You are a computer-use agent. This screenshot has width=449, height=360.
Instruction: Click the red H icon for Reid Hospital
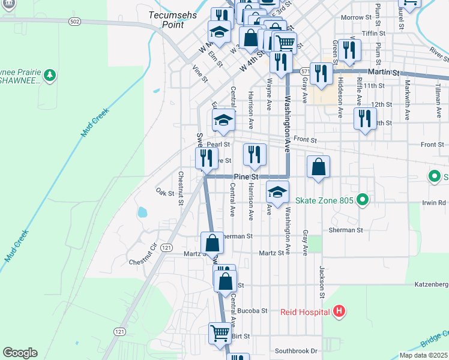pos(339,311)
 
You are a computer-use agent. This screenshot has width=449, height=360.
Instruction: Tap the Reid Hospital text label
pos(305,312)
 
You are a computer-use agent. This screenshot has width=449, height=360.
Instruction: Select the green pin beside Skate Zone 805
pos(361,200)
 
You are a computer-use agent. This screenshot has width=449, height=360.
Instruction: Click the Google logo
pos(20,353)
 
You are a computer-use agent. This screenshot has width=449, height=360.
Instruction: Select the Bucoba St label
pos(252,311)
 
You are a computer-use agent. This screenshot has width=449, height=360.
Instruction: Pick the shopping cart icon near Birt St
pos(220,332)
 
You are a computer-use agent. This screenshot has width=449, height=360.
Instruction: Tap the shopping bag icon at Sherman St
pos(212,242)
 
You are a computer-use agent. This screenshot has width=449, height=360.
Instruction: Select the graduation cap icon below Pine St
pos(277,192)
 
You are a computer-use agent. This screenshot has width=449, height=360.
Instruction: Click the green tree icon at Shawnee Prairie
pos(50,75)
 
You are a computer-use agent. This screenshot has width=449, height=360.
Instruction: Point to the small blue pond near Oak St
pos(142,212)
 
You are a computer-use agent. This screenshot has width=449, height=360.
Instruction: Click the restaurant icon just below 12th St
pos(365,118)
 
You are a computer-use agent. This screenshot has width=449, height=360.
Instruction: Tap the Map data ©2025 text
pos(424,355)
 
